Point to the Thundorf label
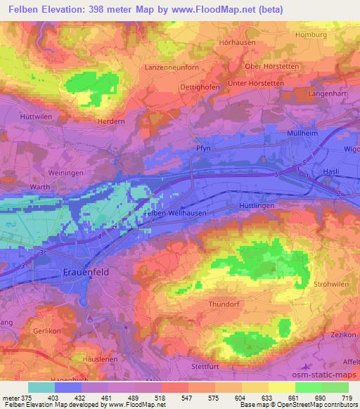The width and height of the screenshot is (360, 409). [x=224, y=304]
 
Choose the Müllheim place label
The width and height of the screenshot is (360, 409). [x=304, y=133]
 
